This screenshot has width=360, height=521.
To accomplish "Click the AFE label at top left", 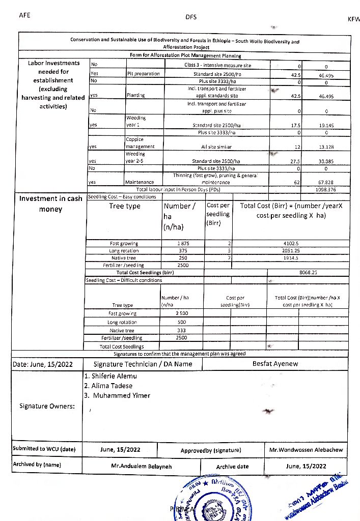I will [x=24, y=15].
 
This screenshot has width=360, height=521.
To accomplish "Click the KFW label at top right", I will [x=353, y=19].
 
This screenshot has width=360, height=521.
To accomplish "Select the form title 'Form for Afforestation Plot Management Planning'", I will [x=185, y=56].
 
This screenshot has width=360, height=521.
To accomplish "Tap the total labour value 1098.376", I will [x=325, y=189].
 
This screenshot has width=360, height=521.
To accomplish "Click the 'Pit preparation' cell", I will [x=143, y=74].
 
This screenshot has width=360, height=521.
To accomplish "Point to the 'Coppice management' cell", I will [x=137, y=143].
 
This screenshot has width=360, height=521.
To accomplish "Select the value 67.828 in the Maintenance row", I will [x=325, y=182].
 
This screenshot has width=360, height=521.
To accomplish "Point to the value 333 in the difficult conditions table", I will [x=181, y=331].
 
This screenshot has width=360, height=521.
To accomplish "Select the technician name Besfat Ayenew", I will [x=275, y=364].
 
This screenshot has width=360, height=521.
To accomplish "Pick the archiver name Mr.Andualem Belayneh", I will [x=142, y=466].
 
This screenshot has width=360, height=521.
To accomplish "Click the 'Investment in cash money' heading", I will [x=50, y=204].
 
